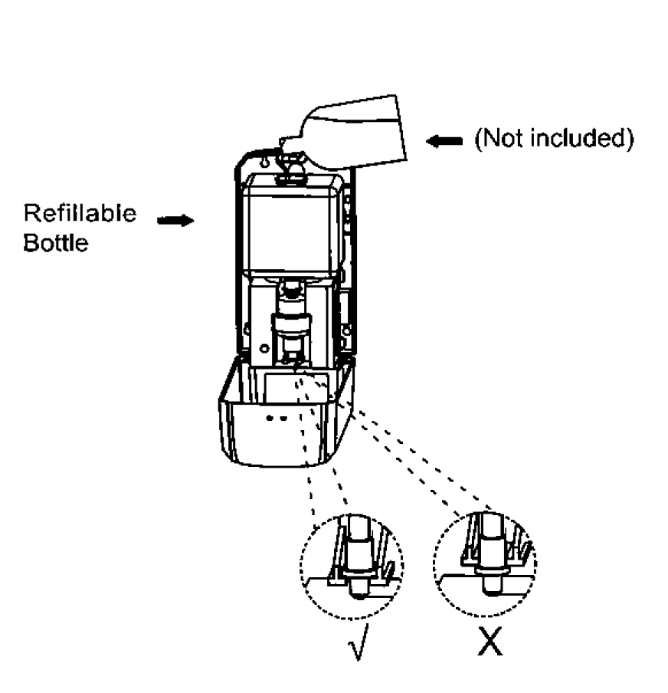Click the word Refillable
click(x=80, y=212)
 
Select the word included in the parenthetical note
click(x=585, y=140)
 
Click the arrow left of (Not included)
click(x=444, y=140)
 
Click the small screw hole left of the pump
click(x=264, y=348)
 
